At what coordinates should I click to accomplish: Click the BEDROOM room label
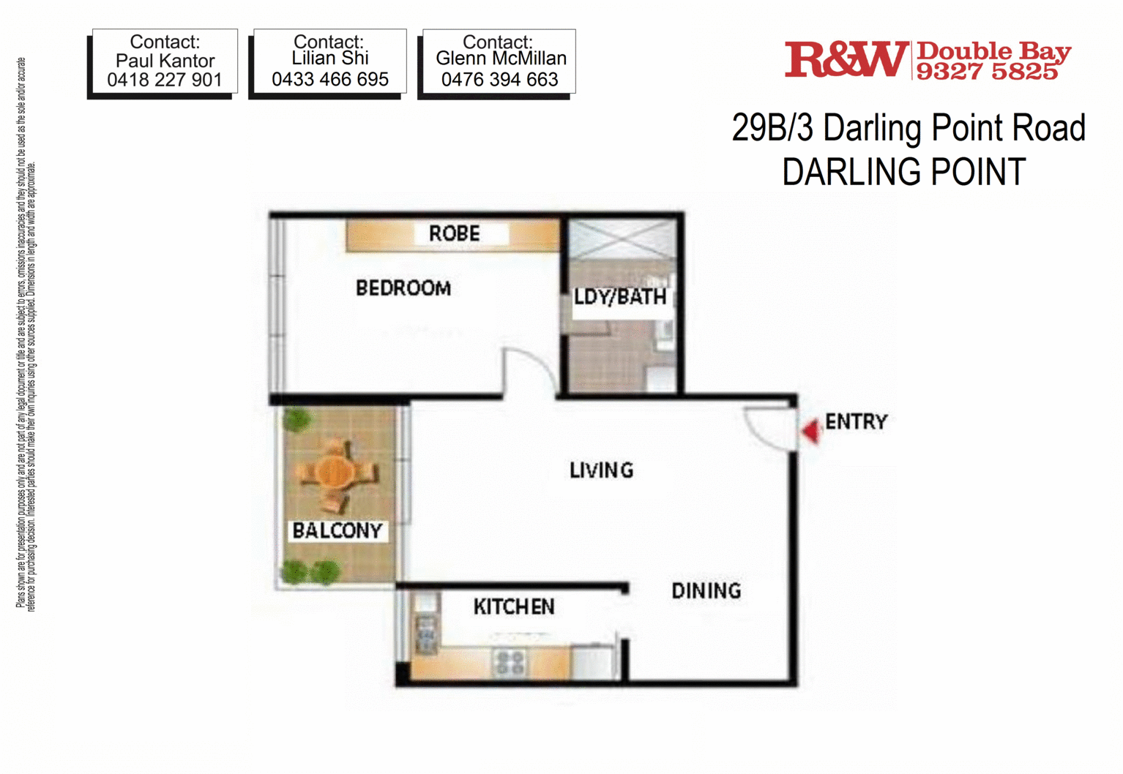coord(403,288)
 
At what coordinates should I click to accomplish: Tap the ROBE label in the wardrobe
coord(454,233)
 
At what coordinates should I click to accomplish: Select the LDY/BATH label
coord(620,297)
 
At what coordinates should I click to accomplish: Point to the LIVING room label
coord(602,470)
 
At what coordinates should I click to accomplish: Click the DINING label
coord(706,590)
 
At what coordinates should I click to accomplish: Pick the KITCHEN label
coord(514,606)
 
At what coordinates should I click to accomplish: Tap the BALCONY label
coord(337,530)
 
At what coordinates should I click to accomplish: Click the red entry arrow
coord(810,432)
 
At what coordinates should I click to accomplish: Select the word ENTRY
coord(857,422)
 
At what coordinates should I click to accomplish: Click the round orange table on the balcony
coord(335,471)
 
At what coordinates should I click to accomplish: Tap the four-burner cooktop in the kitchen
coord(510,662)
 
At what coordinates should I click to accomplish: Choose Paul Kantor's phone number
coord(165,80)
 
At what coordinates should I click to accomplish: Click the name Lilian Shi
coord(330,58)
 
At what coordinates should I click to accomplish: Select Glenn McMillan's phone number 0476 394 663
coord(499,80)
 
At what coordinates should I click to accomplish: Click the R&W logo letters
coord(847,59)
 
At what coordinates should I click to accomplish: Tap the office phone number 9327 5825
coord(987,72)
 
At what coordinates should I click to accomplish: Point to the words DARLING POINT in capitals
coord(904,171)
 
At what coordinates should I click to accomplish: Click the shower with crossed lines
coord(622,239)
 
